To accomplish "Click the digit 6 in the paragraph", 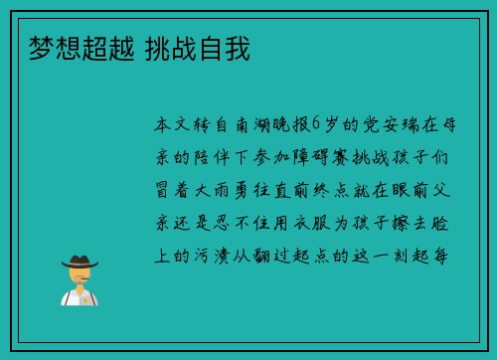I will pos(317,125).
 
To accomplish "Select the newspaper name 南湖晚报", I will pos(268,125).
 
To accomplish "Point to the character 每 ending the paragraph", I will pos(449,255).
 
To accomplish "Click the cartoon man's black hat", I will pos(80,262).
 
